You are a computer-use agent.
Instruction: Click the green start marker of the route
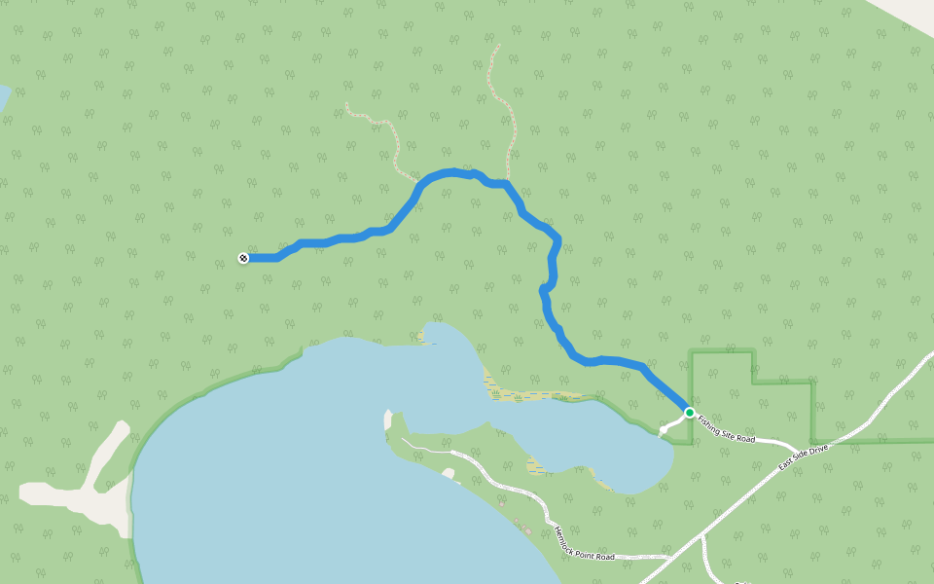point(690,413)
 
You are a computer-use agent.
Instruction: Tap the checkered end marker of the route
point(243,258)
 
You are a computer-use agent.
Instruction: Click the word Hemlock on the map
point(562,535)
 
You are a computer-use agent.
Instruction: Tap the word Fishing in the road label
point(708,422)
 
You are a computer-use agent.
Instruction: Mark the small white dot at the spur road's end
point(664,429)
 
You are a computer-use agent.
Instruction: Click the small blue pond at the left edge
point(3,96)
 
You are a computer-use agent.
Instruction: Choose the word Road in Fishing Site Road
point(744,439)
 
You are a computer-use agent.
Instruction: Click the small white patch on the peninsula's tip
point(449,474)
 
